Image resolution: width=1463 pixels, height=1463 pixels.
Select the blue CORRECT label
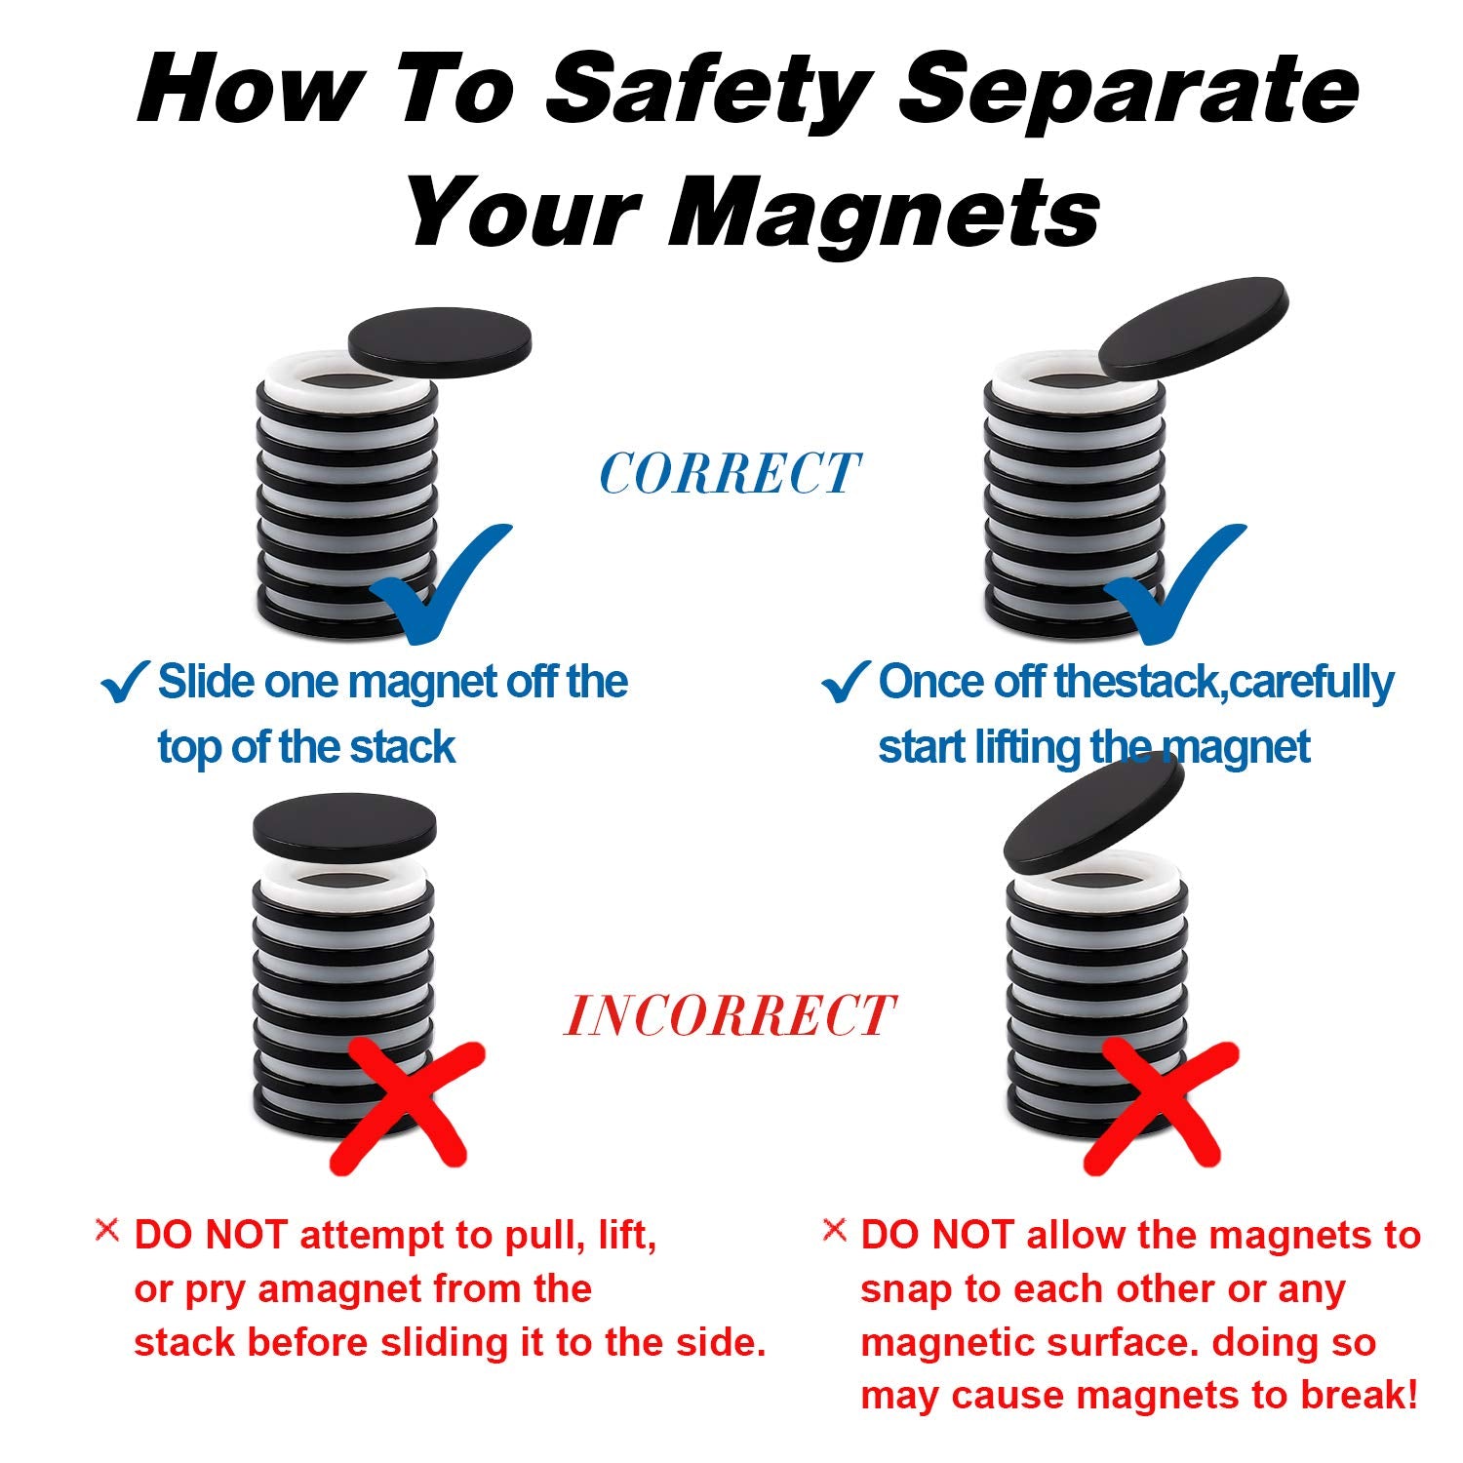[730, 474]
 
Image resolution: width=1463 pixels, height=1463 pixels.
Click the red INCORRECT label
[730, 1015]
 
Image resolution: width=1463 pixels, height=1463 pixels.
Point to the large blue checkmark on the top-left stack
[444, 585]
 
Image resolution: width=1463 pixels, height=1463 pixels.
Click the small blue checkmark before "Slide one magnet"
[124, 682]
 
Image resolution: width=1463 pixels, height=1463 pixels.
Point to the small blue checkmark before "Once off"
[845, 682]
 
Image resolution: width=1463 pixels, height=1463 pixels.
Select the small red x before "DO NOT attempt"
[107, 1230]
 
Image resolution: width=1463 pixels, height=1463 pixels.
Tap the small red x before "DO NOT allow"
[835, 1230]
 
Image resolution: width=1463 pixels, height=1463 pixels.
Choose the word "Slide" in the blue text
[206, 682]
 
